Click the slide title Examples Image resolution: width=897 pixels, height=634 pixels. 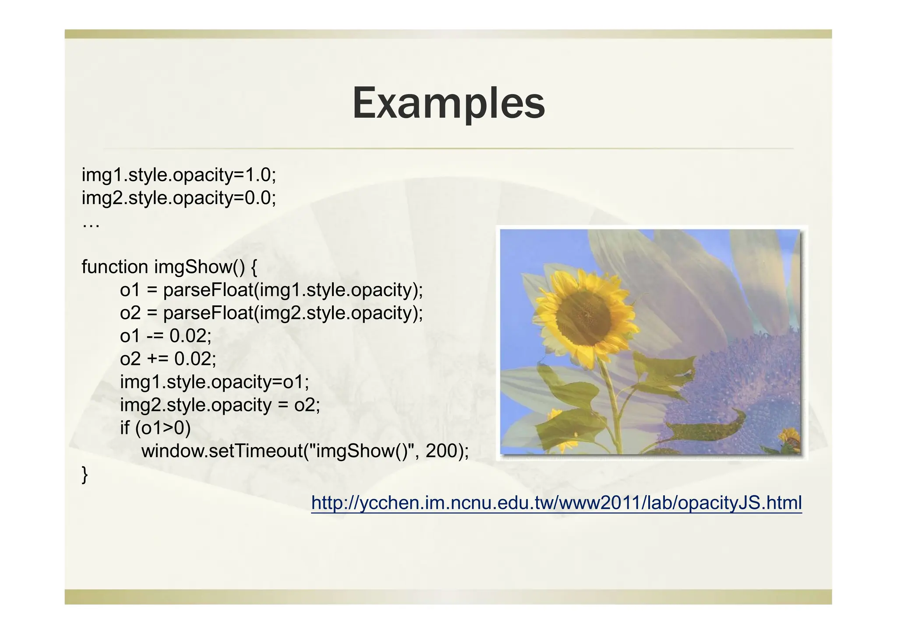point(448,103)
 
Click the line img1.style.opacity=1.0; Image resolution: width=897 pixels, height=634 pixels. point(179,175)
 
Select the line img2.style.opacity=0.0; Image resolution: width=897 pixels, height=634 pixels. point(179,198)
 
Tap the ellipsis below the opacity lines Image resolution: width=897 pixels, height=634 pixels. point(91,225)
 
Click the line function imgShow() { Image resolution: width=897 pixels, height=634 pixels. point(170,267)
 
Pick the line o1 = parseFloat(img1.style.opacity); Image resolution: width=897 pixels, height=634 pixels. point(272,290)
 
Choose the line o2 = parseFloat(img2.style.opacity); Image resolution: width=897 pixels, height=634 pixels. point(272,313)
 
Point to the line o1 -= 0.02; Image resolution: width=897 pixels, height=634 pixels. point(166,336)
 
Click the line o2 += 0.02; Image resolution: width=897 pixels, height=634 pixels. point(168,359)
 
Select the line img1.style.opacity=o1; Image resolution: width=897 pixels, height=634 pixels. point(215,382)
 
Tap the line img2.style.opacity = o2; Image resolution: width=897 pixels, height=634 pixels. point(220,405)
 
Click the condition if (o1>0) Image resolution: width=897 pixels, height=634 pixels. point(155,428)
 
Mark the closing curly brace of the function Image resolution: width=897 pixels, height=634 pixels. point(85,475)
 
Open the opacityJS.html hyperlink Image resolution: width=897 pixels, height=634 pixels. point(556,503)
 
